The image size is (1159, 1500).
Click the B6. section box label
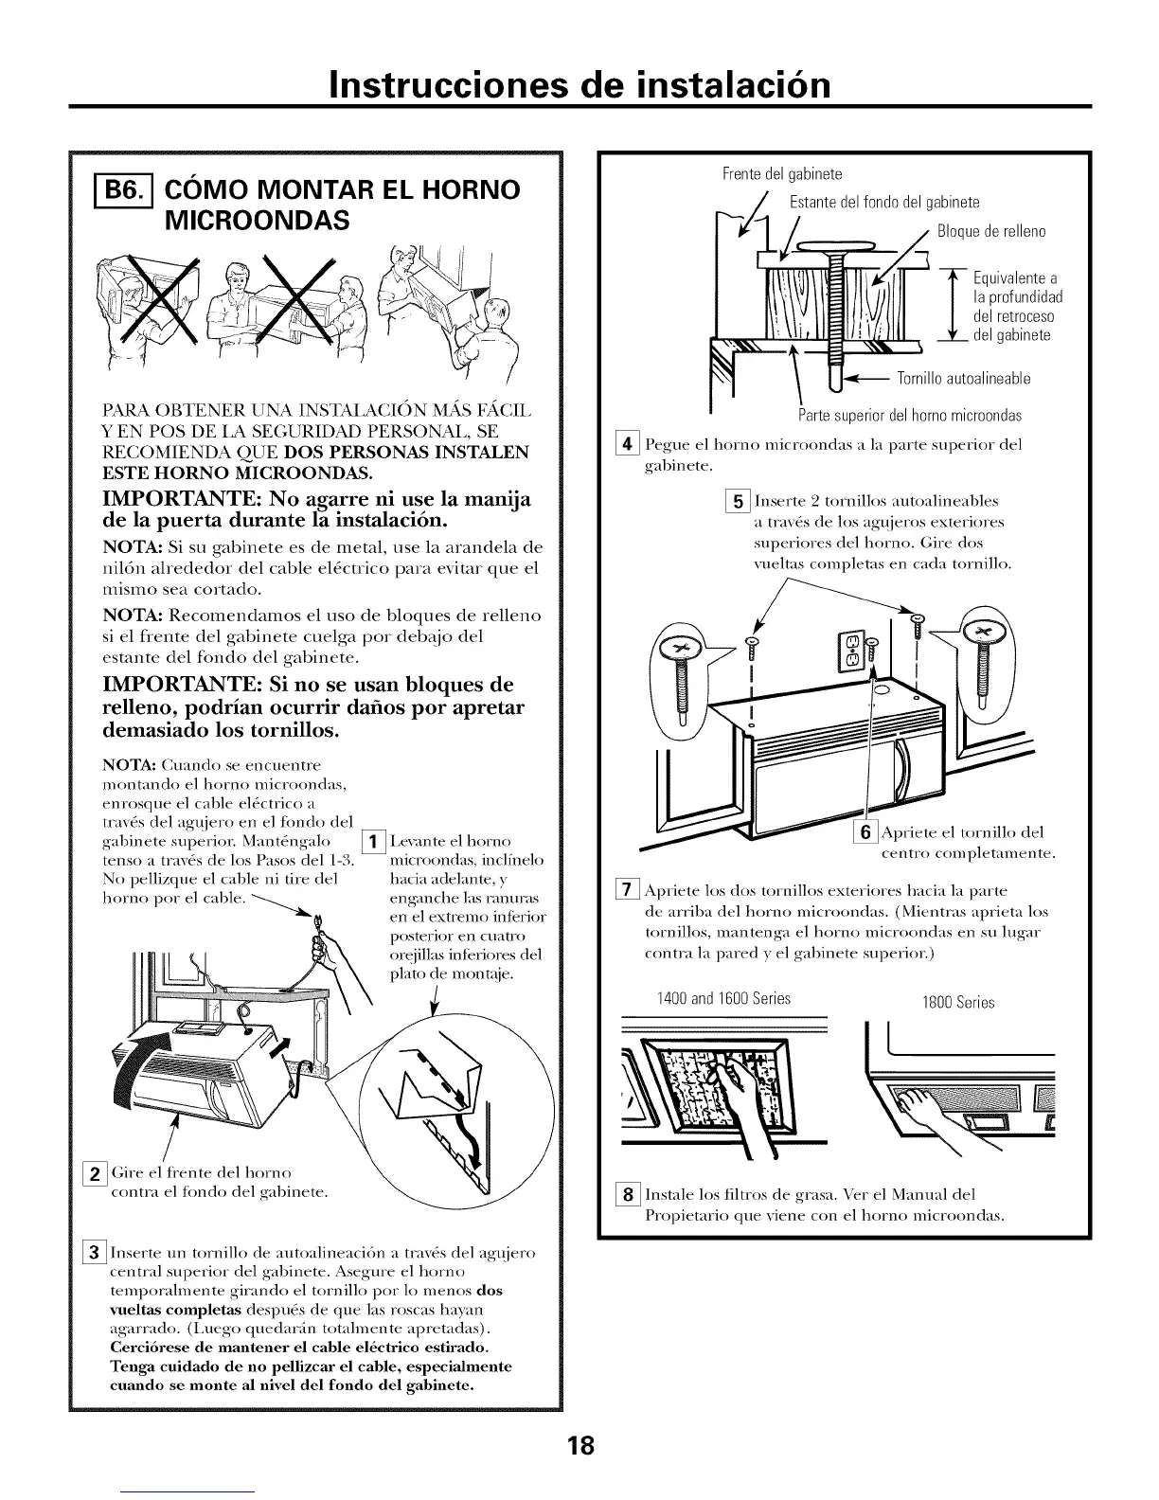[113, 190]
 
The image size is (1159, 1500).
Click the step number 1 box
[373, 841]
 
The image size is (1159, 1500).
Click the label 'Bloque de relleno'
[991, 232]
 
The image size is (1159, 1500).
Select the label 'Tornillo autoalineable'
[963, 380]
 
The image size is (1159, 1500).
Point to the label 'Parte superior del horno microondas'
[909, 416]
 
